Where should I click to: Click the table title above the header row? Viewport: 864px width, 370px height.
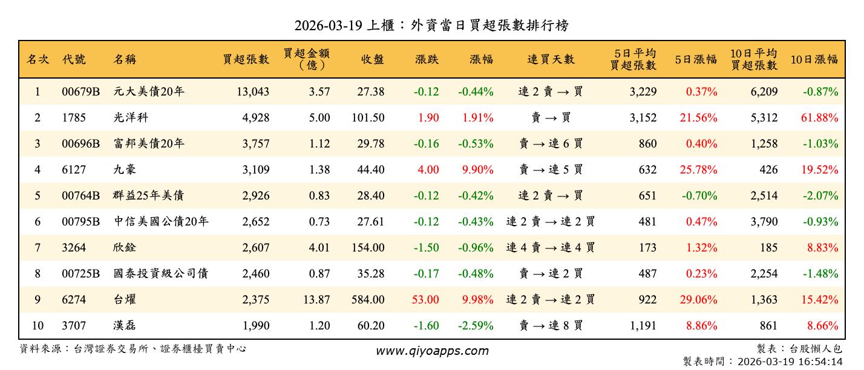pos(431,25)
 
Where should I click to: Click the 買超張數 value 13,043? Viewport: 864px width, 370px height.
pos(250,92)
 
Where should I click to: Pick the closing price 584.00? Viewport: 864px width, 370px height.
pos(368,300)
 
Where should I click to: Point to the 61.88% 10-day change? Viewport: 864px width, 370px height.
pos(820,118)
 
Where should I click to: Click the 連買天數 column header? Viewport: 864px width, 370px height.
pos(551,59)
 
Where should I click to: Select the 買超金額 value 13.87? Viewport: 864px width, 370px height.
pos(315,300)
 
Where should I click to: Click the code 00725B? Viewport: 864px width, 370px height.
pos(80,274)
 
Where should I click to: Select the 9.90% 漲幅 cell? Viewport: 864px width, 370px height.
pos(477,170)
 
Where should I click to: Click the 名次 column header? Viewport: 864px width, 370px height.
pos(38,59)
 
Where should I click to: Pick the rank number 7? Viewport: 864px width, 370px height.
pos(38,248)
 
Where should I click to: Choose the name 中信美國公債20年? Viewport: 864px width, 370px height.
pos(161,222)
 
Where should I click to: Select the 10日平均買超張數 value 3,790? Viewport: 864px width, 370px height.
pos(764,222)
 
